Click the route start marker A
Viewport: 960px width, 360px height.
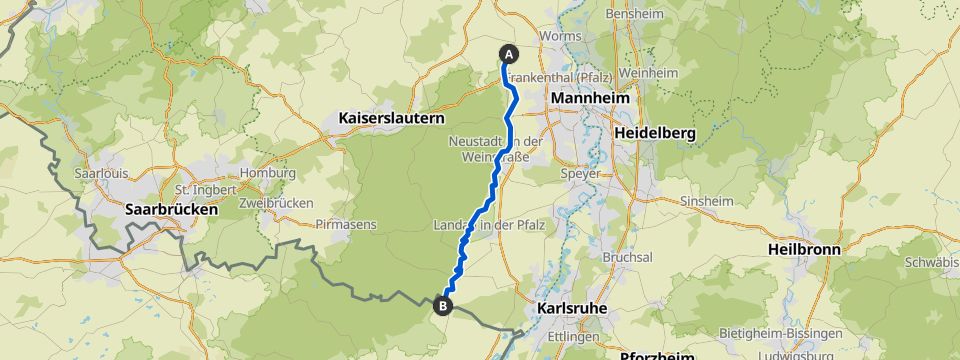(x=508, y=54)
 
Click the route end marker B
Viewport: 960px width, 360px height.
(x=443, y=306)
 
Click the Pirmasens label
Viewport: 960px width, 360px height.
(x=345, y=224)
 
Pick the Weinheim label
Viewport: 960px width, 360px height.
(x=643, y=76)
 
